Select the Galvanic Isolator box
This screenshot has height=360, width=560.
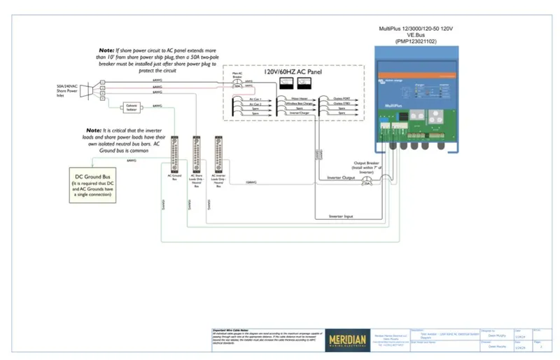(131, 108)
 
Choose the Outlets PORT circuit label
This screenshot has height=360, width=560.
(340, 99)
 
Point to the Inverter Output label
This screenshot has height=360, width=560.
(342, 177)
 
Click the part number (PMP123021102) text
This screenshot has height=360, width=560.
(416, 41)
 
